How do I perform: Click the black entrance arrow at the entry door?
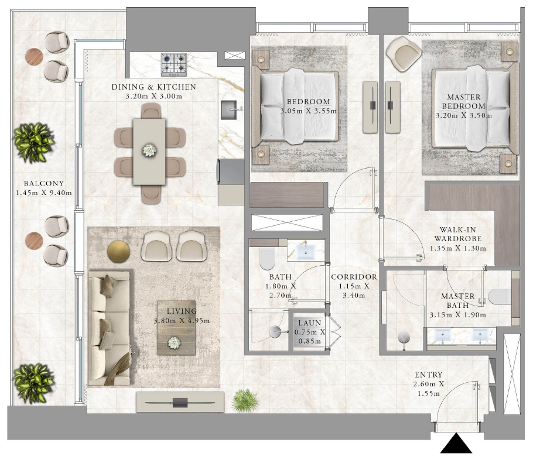456,444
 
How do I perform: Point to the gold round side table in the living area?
118,251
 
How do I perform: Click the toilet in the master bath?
498,297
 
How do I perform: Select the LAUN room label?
308,323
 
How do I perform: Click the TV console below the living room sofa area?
180,402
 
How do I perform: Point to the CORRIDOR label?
354,277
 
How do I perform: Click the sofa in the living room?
110,328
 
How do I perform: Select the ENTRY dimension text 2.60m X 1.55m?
429,389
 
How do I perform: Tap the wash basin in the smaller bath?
306,252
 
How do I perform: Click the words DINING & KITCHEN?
153,87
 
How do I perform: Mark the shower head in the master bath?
404,338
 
